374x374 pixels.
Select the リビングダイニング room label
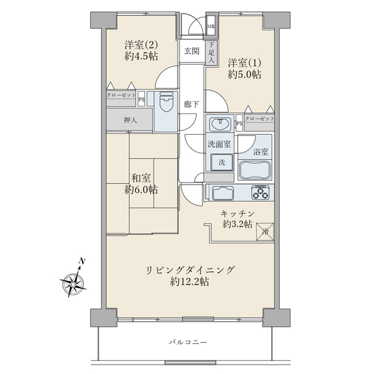pyautogui.click(x=191, y=269)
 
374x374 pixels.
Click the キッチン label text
pyautogui.click(x=237, y=214)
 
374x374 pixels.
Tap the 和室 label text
pyautogui.click(x=141, y=178)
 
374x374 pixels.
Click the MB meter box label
pyautogui.click(x=211, y=26)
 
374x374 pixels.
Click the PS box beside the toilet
pyautogui.click(x=141, y=97)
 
